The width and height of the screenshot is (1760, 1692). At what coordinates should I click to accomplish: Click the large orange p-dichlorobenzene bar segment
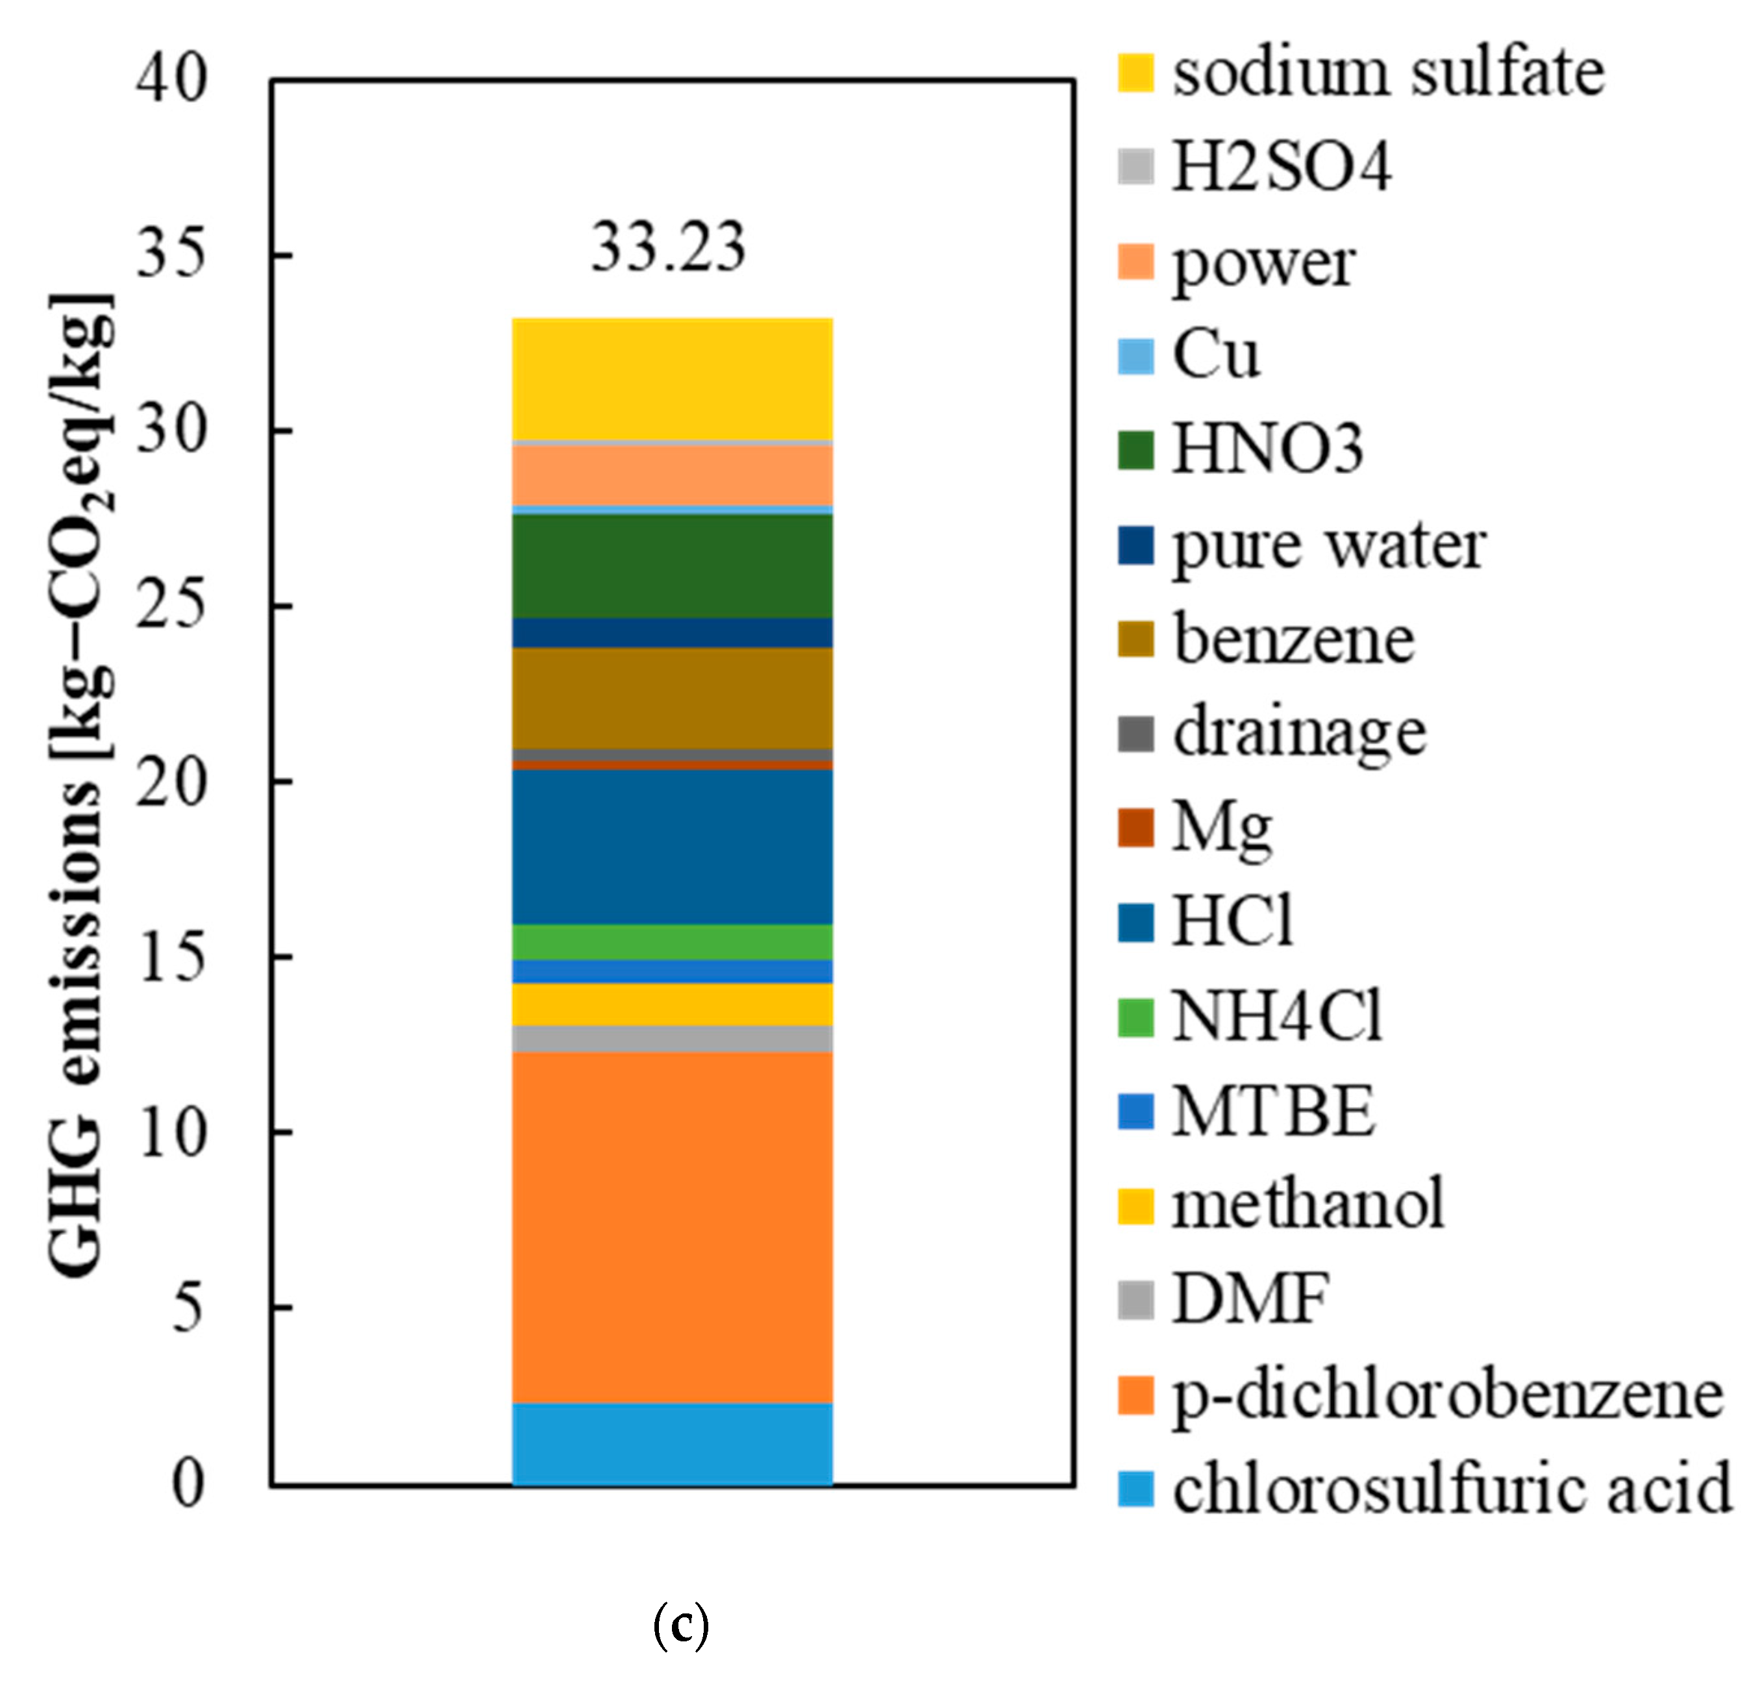point(672,1226)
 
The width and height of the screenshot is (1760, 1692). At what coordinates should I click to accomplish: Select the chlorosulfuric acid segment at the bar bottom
point(672,1444)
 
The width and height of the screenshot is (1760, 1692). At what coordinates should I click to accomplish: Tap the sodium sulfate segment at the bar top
point(672,379)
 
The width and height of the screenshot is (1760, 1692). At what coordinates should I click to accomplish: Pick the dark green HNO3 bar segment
point(672,566)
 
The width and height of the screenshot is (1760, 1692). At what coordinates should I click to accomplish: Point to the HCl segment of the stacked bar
point(672,846)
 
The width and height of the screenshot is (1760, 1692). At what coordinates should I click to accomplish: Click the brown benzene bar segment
point(672,698)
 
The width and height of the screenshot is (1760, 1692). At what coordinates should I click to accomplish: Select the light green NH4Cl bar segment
point(672,941)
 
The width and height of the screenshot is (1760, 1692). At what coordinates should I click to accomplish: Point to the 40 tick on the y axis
point(171,79)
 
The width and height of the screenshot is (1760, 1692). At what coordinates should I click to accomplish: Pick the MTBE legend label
point(1273,1111)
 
